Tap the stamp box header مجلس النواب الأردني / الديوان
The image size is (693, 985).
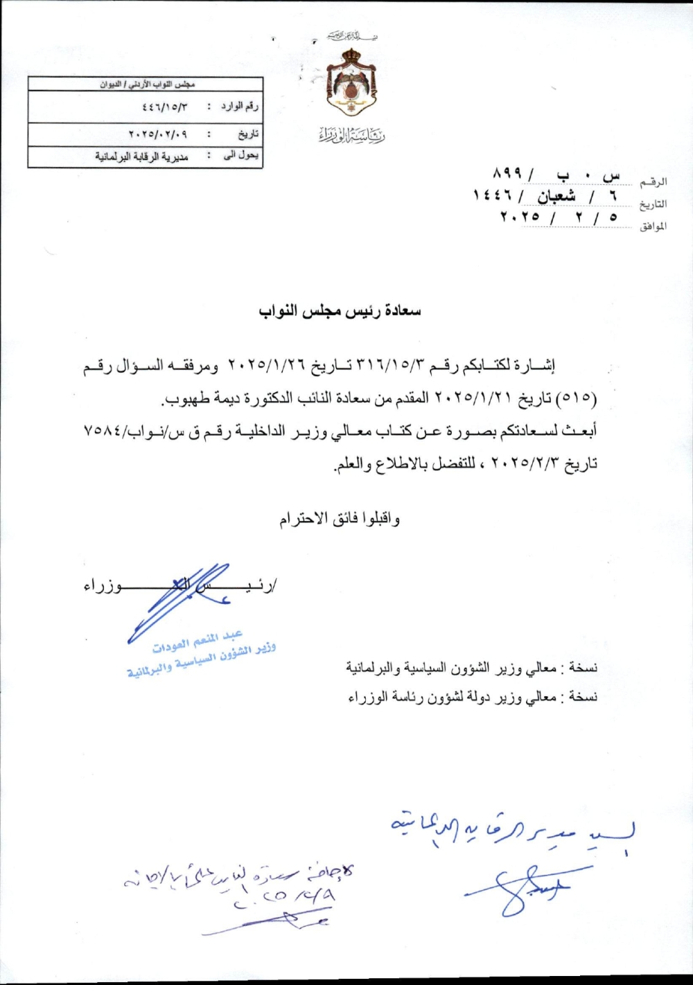(146, 85)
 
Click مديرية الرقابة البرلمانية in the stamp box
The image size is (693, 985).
(141, 157)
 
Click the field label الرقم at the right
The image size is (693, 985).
(654, 182)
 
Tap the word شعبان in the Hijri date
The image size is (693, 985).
(556, 197)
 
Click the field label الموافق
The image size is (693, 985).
(653, 227)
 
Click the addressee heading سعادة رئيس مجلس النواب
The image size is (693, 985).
(340, 311)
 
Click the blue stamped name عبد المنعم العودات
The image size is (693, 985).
(198, 642)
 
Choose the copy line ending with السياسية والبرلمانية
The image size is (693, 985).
(471, 669)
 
